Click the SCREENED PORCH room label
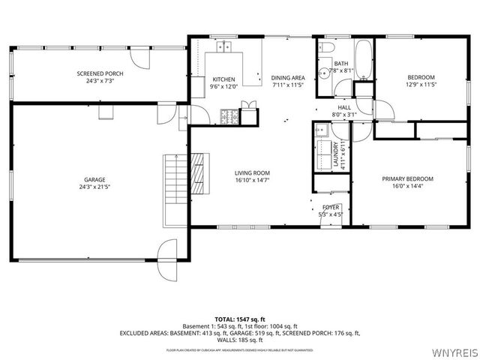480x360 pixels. tap(100, 73)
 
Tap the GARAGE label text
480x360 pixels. tap(94, 180)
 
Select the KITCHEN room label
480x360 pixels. tap(224, 79)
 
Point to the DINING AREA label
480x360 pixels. tap(288, 78)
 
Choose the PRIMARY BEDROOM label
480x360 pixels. tap(407, 178)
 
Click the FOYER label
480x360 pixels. tap(331, 207)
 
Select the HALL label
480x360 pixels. tap(344, 108)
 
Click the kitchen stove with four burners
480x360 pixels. tap(229, 115)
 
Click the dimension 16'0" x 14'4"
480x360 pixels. tap(407, 185)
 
